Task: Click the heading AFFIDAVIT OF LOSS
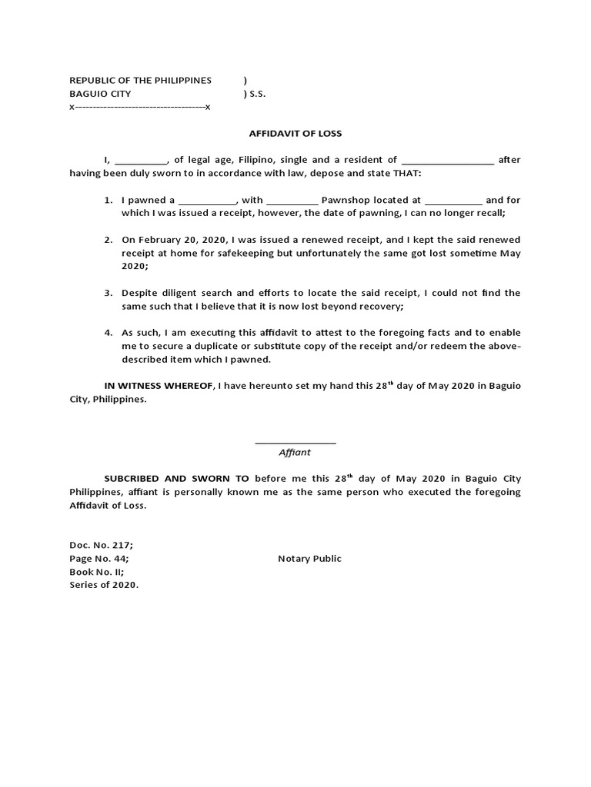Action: (x=295, y=133)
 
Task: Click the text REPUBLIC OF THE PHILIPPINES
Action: (x=140, y=81)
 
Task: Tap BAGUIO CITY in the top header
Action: (x=100, y=94)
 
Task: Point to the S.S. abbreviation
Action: (x=256, y=94)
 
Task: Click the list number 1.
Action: (x=109, y=200)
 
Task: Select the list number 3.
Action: (x=109, y=293)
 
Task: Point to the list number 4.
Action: (x=109, y=333)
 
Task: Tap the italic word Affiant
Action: (x=294, y=453)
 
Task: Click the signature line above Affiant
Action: (x=295, y=443)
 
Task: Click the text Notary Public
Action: (x=309, y=559)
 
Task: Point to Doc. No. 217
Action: (x=101, y=545)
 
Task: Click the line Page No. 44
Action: (x=99, y=559)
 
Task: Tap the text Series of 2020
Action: (x=104, y=585)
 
